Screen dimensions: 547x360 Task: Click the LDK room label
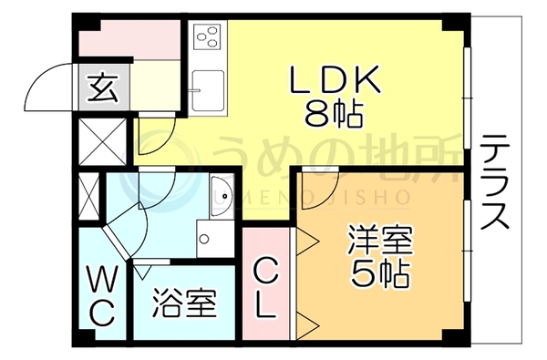click(335, 79)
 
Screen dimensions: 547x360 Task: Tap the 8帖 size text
click(333, 114)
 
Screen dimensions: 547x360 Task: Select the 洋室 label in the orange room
click(380, 241)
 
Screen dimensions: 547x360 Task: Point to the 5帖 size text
click(380, 273)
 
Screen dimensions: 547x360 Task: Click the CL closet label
click(266, 288)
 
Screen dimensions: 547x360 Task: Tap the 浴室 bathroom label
click(185, 303)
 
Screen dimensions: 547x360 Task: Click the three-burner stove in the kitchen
click(208, 36)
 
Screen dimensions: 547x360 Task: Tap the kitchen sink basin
click(208, 91)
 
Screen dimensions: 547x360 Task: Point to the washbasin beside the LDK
click(222, 195)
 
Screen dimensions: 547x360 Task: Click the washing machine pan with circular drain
click(215, 239)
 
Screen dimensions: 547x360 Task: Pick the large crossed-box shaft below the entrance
click(102, 141)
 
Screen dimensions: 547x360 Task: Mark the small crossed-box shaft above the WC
click(89, 196)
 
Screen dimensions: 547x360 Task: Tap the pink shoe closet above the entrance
click(129, 38)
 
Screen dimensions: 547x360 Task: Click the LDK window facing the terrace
click(467, 98)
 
